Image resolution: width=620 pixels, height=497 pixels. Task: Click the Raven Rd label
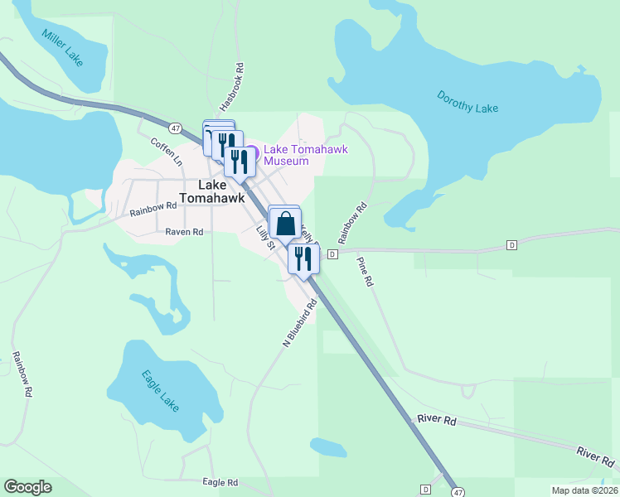[x=184, y=232]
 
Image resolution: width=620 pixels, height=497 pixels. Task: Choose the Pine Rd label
[x=366, y=271]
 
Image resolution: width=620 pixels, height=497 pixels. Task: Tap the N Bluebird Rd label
[x=300, y=322]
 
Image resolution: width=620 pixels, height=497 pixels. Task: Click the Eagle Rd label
[x=220, y=482]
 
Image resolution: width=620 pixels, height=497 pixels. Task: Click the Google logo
[x=27, y=487]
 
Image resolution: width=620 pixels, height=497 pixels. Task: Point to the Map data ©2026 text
[x=584, y=490]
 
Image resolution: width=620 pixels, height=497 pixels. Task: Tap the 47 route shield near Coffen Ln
[x=175, y=128]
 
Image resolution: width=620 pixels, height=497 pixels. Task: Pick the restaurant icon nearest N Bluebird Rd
[x=303, y=258]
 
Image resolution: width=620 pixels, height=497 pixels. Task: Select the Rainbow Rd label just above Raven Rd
[x=153, y=210]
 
